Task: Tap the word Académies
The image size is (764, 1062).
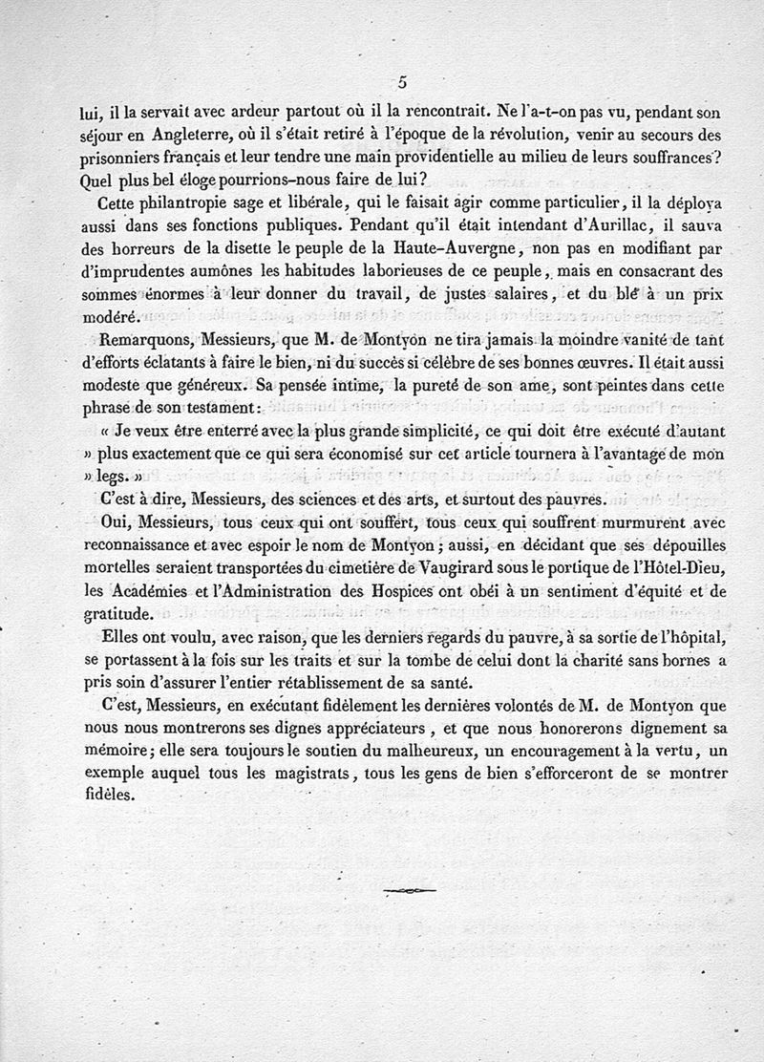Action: (x=156, y=592)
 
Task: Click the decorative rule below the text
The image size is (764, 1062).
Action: (x=409, y=891)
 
